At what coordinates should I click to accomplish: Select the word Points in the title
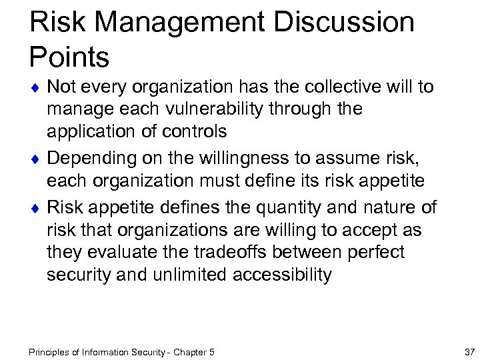[x=69, y=57]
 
